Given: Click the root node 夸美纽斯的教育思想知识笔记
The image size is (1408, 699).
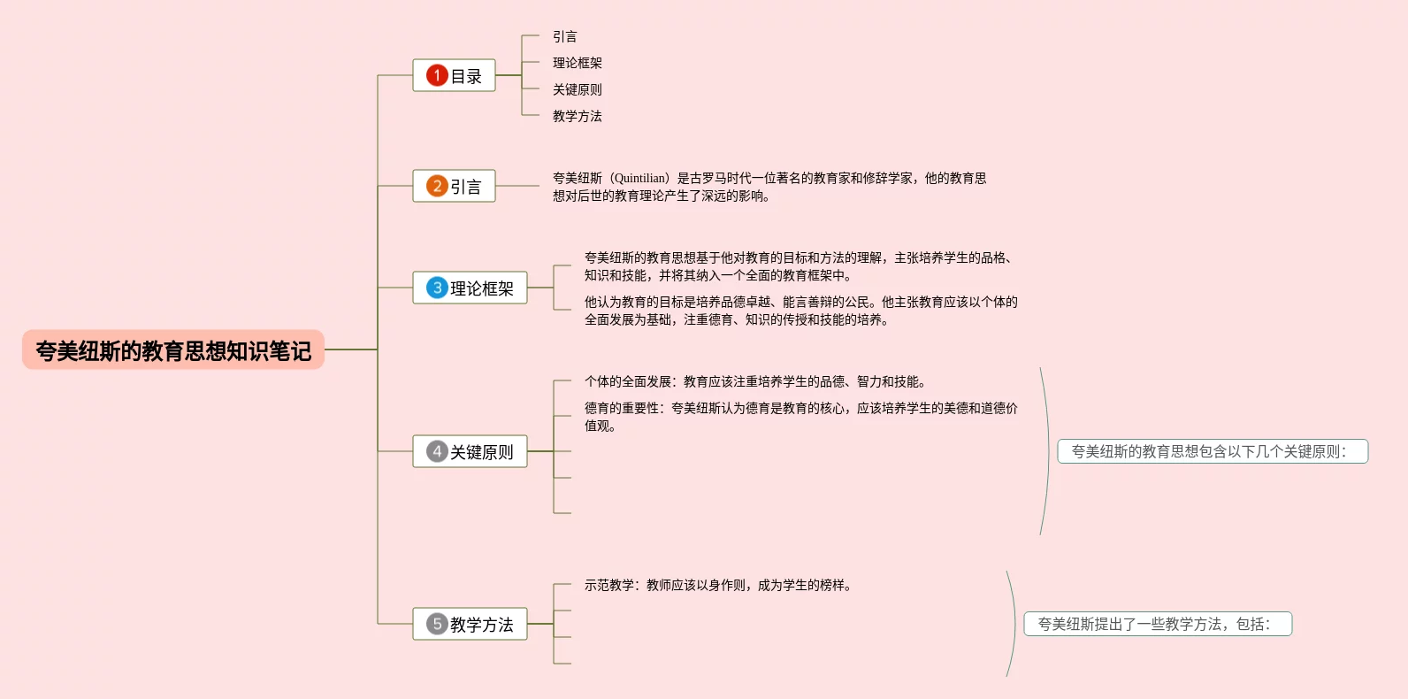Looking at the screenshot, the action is click(x=173, y=350).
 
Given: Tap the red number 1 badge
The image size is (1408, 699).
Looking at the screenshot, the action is click(x=437, y=75).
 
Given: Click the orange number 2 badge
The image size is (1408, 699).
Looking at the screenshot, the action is click(x=437, y=186).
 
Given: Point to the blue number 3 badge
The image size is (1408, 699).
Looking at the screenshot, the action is click(x=437, y=288).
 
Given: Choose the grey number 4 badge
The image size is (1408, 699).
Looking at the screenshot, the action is click(x=437, y=451).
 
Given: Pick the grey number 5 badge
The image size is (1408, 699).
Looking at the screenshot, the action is click(x=437, y=624).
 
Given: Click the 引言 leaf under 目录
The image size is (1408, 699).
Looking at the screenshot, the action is click(x=564, y=36).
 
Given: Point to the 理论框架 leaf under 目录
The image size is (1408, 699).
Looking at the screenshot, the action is click(x=577, y=63).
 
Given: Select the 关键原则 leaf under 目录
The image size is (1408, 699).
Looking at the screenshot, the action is click(x=577, y=89).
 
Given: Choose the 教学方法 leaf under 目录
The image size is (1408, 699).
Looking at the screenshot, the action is click(x=577, y=116).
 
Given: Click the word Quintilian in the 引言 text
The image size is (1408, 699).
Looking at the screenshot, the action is click(x=640, y=178).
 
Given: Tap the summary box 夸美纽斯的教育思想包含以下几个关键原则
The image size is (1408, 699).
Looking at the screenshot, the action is click(x=1212, y=451).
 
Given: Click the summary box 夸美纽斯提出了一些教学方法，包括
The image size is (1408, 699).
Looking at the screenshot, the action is click(x=1158, y=624).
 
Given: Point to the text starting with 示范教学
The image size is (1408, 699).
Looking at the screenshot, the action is click(x=717, y=585).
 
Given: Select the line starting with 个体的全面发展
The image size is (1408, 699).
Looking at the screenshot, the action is click(x=754, y=381).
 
